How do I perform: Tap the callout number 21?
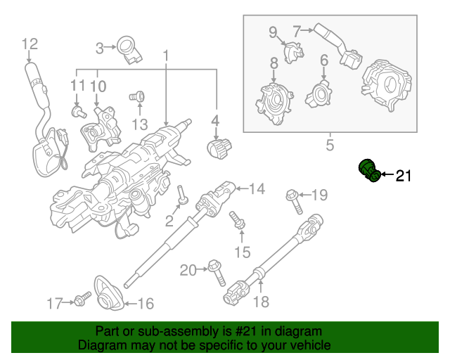click(x=402, y=176)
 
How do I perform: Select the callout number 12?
click(x=29, y=44)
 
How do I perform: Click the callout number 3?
click(x=100, y=48)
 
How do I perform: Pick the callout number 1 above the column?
click(x=167, y=55)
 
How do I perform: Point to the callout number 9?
click(x=273, y=32)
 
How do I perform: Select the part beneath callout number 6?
click(x=321, y=92)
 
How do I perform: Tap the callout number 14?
click(x=257, y=188)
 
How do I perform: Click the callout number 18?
click(x=261, y=302)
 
